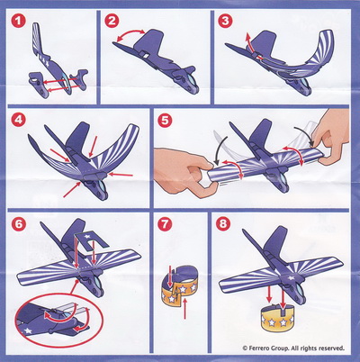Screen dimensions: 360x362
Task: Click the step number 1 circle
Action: tap(18, 21)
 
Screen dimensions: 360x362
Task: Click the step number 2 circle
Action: tap(112, 21)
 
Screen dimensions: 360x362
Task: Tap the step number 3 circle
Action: tap(225, 21)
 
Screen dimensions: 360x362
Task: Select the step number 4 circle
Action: tap(18, 120)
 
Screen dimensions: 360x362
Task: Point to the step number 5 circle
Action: tap(165, 120)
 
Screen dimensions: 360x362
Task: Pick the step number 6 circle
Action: tap(18, 224)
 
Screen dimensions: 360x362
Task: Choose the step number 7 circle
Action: tap(165, 224)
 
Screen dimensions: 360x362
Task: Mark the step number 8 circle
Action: tap(223, 223)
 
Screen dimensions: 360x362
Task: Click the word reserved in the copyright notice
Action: tap(331, 348)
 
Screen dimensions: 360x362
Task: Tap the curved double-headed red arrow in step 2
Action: tap(130, 34)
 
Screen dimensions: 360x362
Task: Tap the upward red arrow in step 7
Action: tap(184, 309)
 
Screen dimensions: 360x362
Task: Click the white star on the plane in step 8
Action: tap(291, 277)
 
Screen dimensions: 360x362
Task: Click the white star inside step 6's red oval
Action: tap(29, 330)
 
